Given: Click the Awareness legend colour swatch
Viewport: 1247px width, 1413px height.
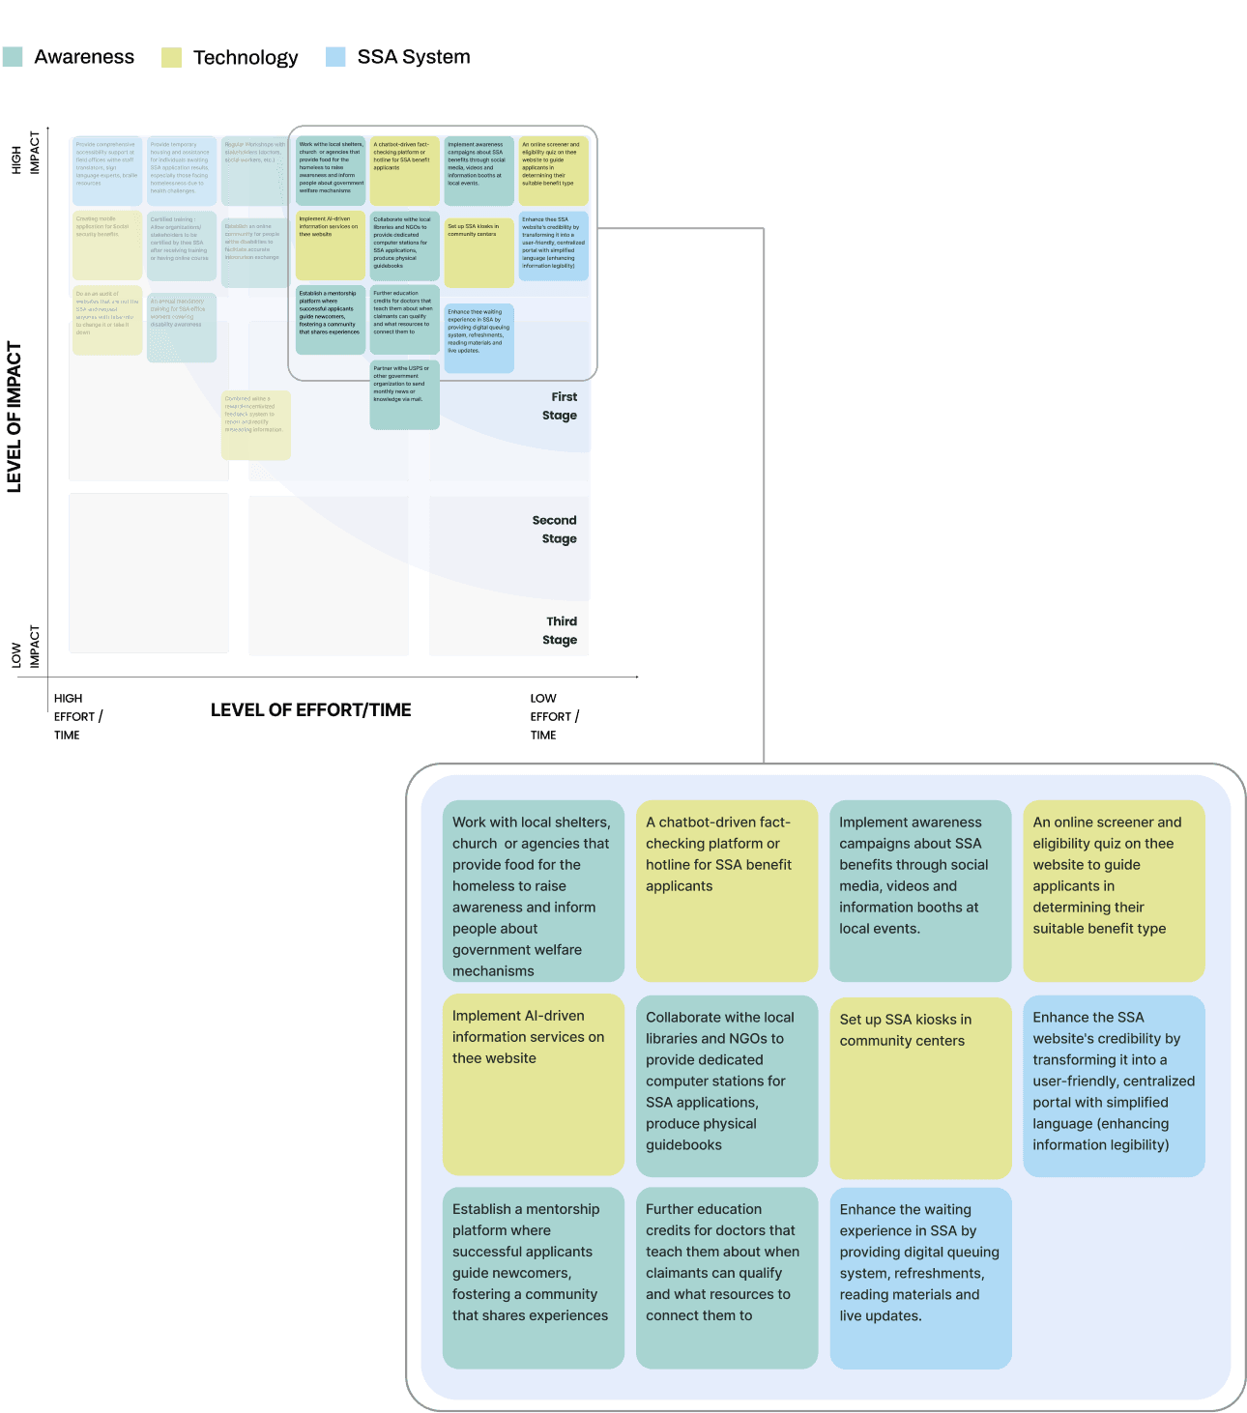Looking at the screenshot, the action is pos(13,57).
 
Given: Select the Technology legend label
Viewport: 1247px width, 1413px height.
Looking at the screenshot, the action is pos(246,58).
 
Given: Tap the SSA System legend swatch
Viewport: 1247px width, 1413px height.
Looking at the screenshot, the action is pos(335,57).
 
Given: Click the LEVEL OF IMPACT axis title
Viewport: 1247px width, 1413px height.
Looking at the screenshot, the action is pos(14,418).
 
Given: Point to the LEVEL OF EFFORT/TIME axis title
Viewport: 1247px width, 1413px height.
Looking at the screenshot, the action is pos(310,710).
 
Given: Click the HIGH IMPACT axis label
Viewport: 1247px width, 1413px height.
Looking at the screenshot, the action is pos(26,153).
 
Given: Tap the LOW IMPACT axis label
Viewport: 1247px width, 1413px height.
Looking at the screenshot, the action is pos(26,647).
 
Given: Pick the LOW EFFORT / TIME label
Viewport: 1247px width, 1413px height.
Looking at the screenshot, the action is pos(554,716).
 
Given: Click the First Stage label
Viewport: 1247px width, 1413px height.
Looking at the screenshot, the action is pos(561,406).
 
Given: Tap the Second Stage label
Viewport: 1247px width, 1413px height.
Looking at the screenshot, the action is pos(555,530).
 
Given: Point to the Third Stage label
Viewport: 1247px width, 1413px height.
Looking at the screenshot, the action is pos(561,630).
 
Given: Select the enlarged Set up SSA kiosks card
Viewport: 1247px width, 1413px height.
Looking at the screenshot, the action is pos(920,1086).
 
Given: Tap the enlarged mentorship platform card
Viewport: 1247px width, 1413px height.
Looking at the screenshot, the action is pos(533,1277).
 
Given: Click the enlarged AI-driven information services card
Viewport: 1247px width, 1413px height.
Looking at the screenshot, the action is pos(533,1083).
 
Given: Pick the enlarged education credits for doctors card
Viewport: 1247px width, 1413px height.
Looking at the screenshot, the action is pos(726,1277).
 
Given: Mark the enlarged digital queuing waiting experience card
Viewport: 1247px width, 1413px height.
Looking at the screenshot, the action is pos(920,1277).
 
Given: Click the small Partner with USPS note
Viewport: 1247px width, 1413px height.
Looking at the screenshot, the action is pos(404,394).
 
